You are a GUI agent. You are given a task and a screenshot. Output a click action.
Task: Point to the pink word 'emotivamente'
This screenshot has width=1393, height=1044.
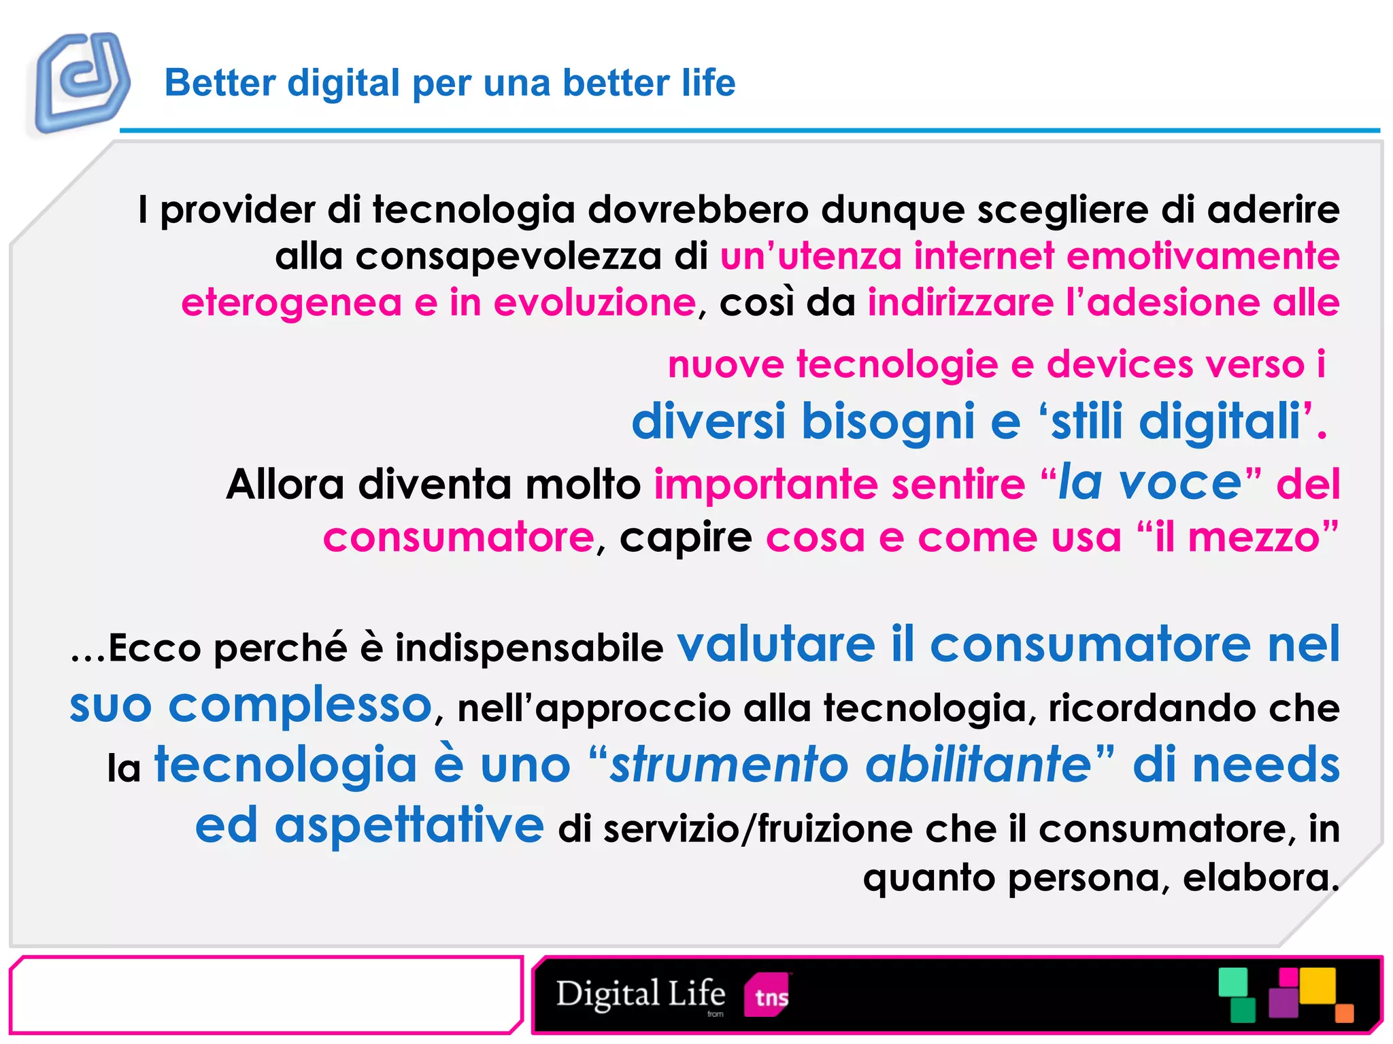(x=1203, y=256)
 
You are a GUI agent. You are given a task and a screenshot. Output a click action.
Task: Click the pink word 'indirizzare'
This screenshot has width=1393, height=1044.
(x=960, y=303)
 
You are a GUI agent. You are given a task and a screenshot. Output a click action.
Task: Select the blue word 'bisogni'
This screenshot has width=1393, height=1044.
(x=888, y=421)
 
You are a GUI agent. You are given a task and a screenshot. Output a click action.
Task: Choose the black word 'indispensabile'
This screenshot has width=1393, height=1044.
(x=528, y=648)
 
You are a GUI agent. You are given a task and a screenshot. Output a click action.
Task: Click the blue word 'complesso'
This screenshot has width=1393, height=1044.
(x=300, y=706)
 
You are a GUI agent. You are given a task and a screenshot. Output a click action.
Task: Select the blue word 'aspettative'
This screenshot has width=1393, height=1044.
(x=409, y=826)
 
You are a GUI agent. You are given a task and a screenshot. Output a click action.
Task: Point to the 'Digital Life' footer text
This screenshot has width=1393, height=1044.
(x=640, y=994)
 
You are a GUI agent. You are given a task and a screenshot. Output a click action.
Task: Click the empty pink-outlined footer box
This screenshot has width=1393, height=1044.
(x=265, y=995)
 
